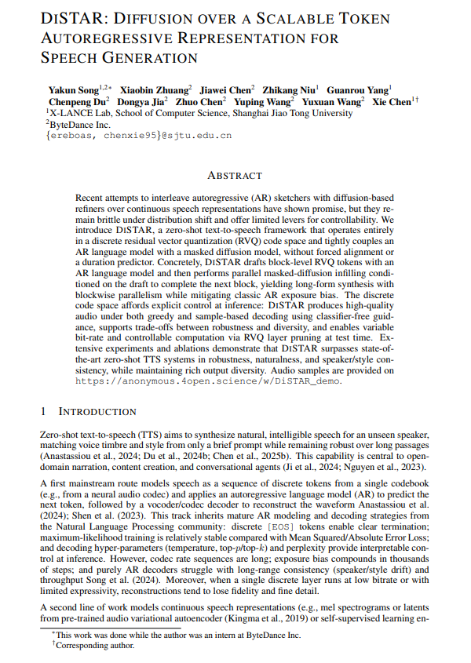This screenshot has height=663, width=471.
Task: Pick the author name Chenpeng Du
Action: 76,101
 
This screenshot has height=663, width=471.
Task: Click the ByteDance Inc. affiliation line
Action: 81,124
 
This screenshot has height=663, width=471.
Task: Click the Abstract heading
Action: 235,175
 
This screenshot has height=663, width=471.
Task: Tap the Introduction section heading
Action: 97,411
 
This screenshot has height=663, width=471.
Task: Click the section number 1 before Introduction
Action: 43,411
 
